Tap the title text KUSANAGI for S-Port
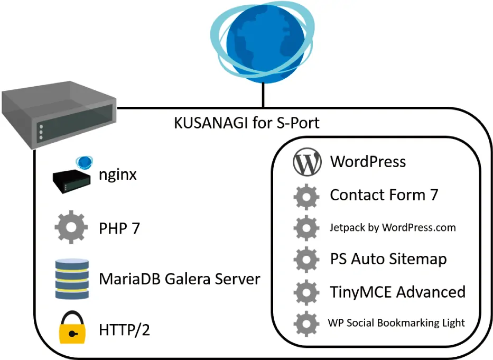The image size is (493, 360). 247,123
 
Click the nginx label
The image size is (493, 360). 118,175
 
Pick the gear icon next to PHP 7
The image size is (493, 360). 71,228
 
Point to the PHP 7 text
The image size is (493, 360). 119,228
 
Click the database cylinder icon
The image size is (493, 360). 71,279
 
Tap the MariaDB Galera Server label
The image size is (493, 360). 180,279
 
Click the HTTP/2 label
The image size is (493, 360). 125,330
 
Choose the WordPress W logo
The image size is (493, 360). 307,163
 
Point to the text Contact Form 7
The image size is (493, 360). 384,195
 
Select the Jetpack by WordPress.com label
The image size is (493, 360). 393,228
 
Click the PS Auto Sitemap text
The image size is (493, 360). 388,260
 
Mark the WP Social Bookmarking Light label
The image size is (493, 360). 396,323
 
